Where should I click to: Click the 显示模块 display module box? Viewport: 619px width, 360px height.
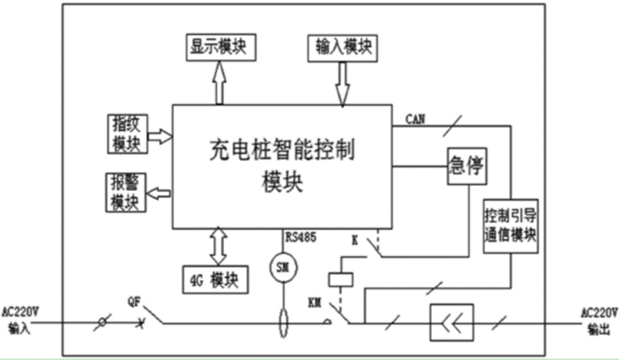(220, 46)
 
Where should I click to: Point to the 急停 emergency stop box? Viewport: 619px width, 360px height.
(467, 167)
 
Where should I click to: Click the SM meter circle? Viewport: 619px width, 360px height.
(283, 268)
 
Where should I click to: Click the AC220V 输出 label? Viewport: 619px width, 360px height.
(597, 320)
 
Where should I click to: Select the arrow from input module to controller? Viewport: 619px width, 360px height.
(342, 83)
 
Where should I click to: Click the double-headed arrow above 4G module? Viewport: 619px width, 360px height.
(217, 245)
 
